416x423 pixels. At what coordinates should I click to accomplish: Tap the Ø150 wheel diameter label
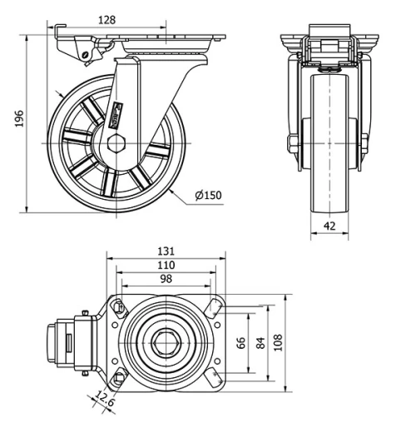pos(208,196)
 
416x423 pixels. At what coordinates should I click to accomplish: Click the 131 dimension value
pos(166,250)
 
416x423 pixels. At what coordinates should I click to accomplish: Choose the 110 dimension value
pos(166,265)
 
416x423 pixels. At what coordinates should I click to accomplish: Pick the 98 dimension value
pos(166,280)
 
